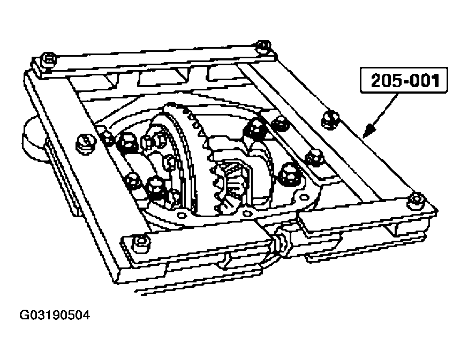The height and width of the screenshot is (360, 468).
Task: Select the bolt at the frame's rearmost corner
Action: [x=264, y=47]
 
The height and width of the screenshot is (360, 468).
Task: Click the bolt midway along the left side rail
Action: [x=84, y=141]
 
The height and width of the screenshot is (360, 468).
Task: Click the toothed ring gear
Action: [x=187, y=155]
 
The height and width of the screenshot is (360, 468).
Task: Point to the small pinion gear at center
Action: [x=232, y=179]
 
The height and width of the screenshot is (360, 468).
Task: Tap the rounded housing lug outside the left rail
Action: [x=33, y=136]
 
